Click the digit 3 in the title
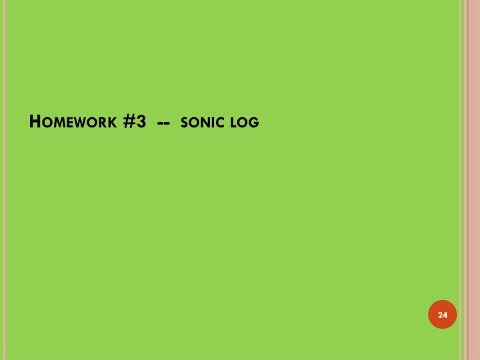click(x=141, y=122)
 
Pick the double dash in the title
click(x=163, y=123)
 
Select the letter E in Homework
click(x=68, y=123)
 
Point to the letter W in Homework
click(x=80, y=123)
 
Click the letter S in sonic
click(x=184, y=123)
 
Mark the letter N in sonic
click(x=206, y=123)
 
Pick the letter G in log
click(x=254, y=123)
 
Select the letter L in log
click(x=234, y=123)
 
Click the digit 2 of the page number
click(x=440, y=314)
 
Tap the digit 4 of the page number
click(x=445, y=314)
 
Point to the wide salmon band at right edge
click(x=473, y=180)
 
